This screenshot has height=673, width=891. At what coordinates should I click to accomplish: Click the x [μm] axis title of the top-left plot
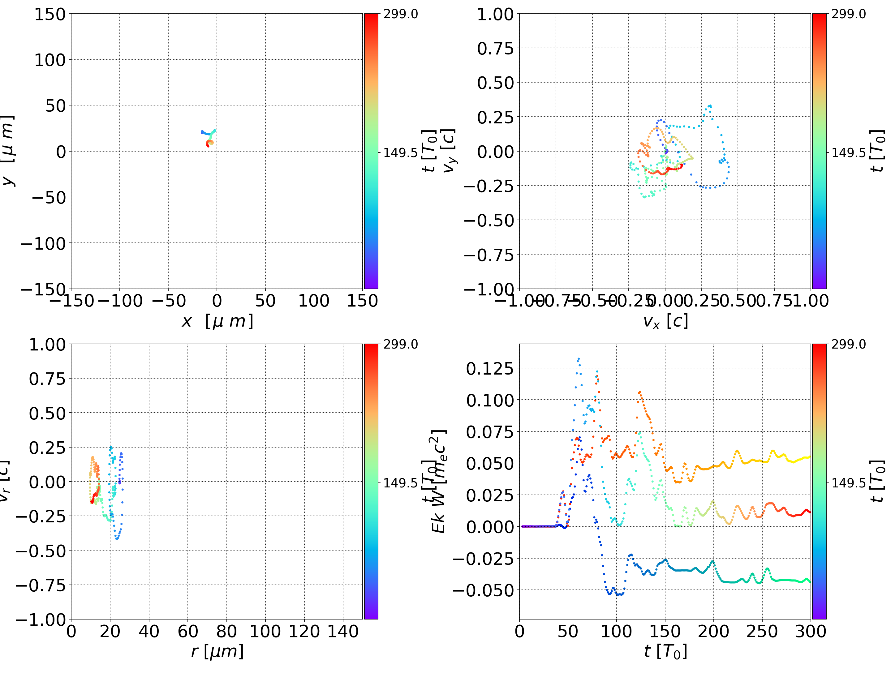point(217,321)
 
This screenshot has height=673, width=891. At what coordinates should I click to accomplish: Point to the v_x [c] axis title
point(665,321)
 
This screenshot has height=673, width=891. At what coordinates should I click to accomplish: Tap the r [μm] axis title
point(217,651)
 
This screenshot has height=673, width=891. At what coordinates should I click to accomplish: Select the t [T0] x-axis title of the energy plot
point(665,651)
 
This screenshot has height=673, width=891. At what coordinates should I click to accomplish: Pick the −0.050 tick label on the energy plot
point(483,590)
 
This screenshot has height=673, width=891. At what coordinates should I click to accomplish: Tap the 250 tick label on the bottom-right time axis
point(762,632)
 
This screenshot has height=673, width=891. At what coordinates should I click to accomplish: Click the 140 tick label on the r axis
point(343,632)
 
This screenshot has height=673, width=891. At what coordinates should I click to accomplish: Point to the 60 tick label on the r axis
point(188,632)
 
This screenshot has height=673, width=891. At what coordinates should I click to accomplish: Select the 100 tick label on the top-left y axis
point(49,60)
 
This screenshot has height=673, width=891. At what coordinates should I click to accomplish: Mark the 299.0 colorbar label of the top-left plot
point(400,14)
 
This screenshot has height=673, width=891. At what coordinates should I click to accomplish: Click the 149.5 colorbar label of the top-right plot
point(848,153)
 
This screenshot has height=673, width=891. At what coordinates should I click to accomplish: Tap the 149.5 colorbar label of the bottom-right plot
point(848,482)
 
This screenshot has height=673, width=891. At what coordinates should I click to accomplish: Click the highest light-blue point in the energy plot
point(579,359)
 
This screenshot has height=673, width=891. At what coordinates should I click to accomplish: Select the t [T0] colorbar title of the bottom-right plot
point(877,481)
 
